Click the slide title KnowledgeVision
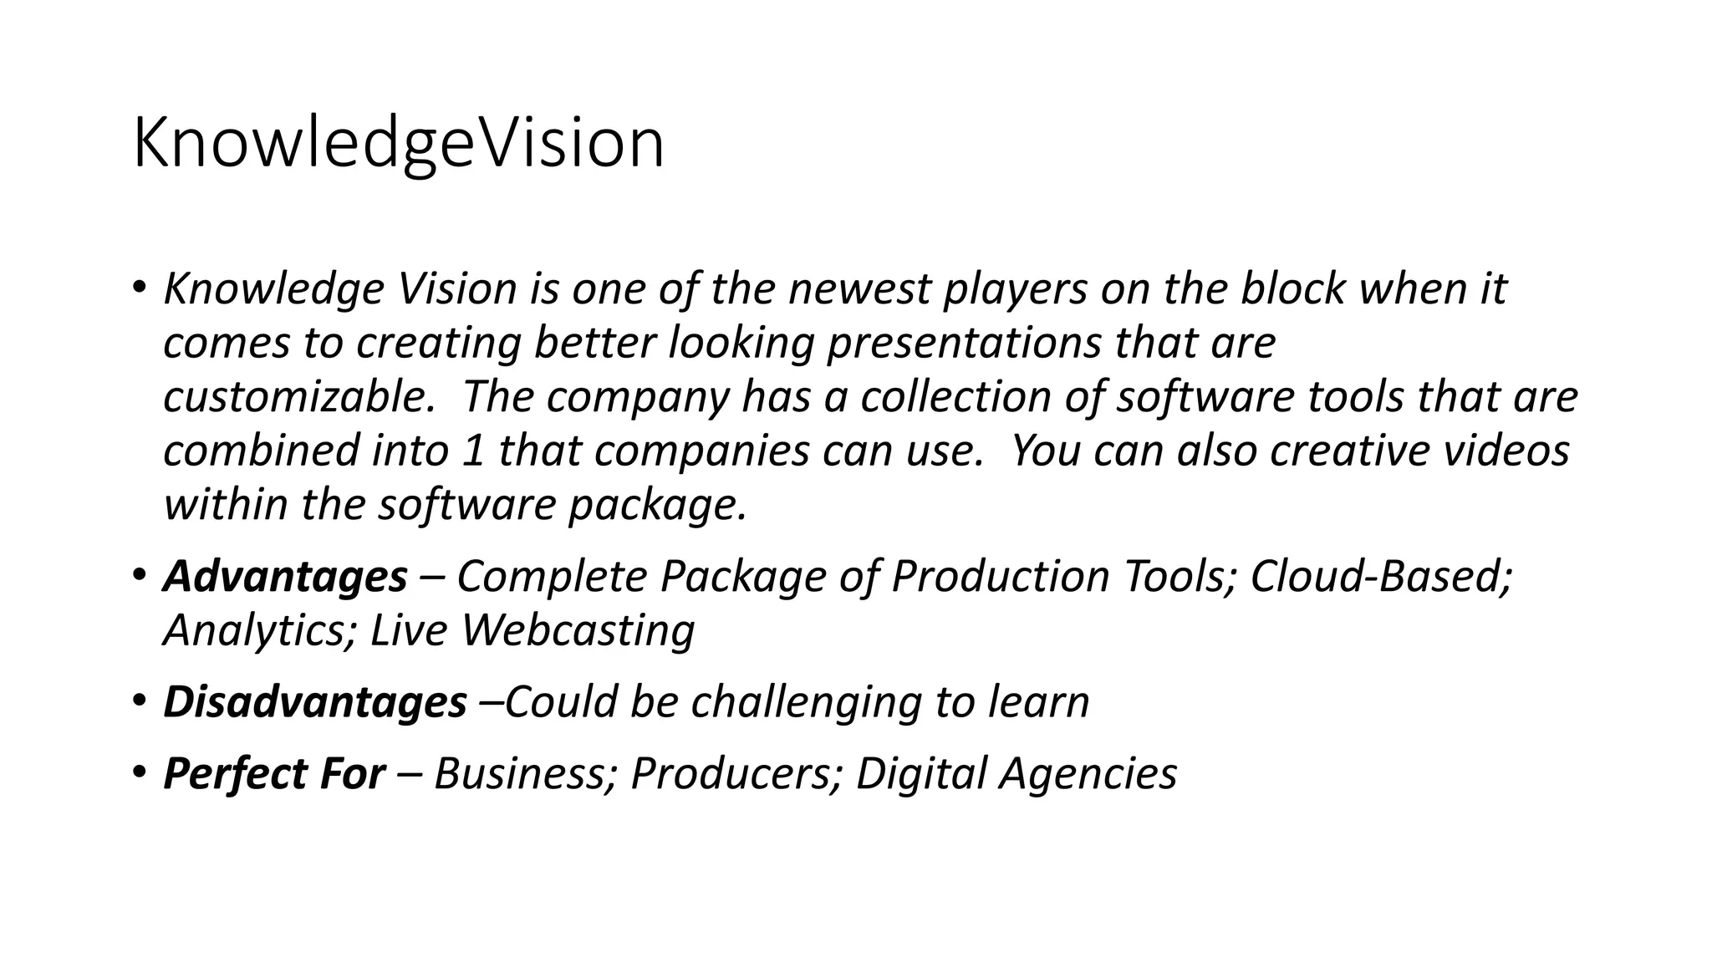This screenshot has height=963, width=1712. tap(398, 144)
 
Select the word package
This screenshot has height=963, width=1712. tap(657, 506)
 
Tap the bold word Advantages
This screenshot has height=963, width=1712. tap(285, 577)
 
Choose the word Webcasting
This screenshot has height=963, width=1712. tap(578, 630)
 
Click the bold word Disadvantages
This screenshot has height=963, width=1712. tap(314, 702)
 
